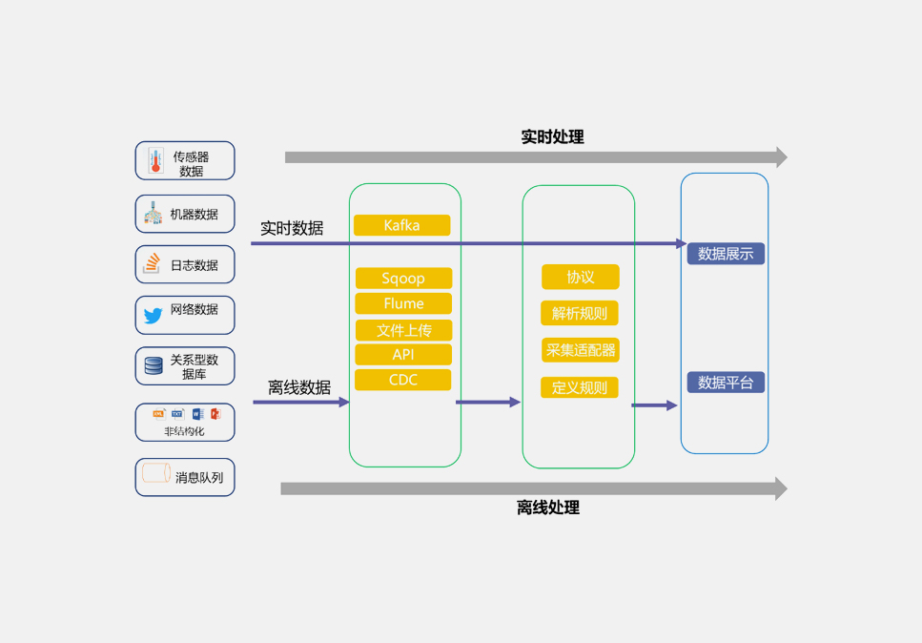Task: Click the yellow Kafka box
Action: pyautogui.click(x=401, y=226)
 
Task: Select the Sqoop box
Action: pyautogui.click(x=403, y=279)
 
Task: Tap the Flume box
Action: pyautogui.click(x=403, y=303)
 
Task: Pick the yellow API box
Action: pyautogui.click(x=403, y=355)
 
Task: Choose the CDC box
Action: pyautogui.click(x=403, y=380)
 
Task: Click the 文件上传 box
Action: pyautogui.click(x=403, y=330)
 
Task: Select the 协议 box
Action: pyautogui.click(x=581, y=277)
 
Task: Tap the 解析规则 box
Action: pyautogui.click(x=580, y=313)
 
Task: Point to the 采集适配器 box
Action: pyautogui.click(x=581, y=350)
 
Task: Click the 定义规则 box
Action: pyautogui.click(x=580, y=387)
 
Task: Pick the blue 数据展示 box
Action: pyautogui.click(x=726, y=254)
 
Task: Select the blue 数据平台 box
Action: pyautogui.click(x=726, y=383)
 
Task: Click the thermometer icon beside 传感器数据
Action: pyautogui.click(x=155, y=161)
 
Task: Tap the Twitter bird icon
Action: pyautogui.click(x=153, y=316)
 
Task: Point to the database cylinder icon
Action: pyautogui.click(x=153, y=365)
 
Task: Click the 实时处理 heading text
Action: pyautogui.click(x=552, y=136)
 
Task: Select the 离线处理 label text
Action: pyautogui.click(x=548, y=508)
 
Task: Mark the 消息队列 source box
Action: pyautogui.click(x=185, y=477)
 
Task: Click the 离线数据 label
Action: pyautogui.click(x=299, y=387)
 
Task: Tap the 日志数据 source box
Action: pyautogui.click(x=185, y=264)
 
